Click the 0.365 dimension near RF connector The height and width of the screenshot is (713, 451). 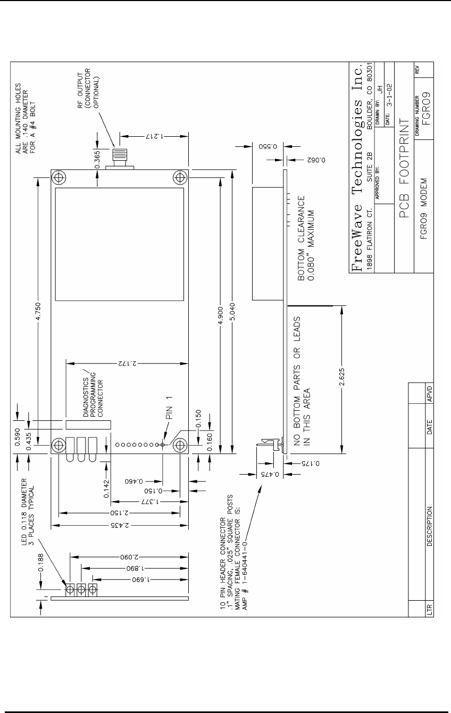click(x=97, y=160)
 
